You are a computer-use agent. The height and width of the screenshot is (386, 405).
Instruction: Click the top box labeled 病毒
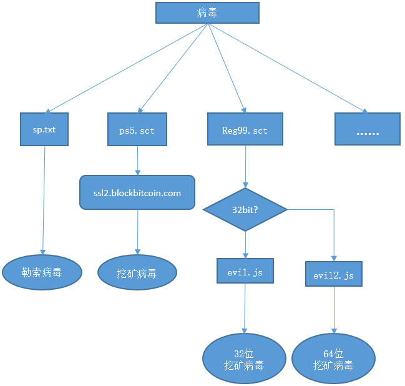coord(207,13)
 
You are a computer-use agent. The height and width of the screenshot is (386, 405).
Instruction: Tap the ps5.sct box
coord(137,130)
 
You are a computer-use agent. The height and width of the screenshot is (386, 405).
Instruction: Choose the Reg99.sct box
coord(245,130)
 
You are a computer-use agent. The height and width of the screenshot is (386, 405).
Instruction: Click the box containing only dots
coord(367,130)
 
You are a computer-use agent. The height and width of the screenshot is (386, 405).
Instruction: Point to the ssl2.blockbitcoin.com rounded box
coord(137,192)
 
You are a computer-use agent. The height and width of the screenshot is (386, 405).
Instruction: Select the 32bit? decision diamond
coord(245,210)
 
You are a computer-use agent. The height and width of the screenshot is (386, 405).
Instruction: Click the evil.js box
coord(245,272)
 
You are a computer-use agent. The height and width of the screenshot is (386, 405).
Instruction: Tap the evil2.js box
coord(334,274)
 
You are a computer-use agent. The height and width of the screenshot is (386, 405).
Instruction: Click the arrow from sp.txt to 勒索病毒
coord(44,200)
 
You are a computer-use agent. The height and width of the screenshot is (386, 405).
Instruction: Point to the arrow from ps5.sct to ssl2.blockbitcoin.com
coord(137,161)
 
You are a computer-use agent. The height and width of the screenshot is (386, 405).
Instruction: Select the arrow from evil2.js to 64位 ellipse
coord(334,309)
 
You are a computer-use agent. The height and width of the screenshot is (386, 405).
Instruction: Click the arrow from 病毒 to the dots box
coord(287,69)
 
